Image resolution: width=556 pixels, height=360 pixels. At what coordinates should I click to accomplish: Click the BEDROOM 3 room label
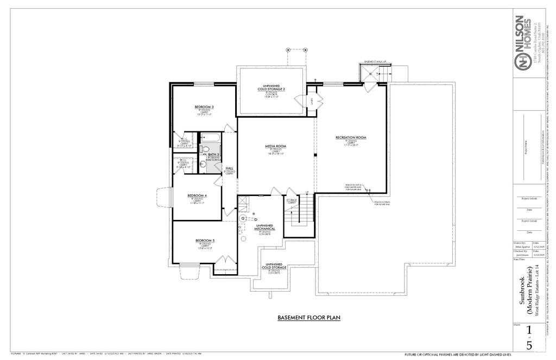tap(204, 107)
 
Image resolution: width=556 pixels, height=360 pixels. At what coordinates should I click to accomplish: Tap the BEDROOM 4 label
tap(197, 195)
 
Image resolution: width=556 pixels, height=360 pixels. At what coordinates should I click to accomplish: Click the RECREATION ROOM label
tap(351, 138)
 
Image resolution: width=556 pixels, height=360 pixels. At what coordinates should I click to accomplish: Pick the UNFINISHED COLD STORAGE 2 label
tap(271, 87)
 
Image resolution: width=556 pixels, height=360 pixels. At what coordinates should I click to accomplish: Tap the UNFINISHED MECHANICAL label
tap(265, 227)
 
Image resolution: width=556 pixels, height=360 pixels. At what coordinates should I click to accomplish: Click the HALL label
tap(229, 169)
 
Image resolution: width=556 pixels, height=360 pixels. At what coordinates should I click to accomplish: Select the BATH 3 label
tap(213, 155)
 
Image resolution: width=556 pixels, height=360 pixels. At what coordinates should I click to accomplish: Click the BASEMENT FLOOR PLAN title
tap(308, 318)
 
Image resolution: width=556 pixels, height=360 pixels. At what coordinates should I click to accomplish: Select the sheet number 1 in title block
tap(528, 331)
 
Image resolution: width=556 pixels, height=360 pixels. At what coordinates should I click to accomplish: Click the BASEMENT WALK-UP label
tap(375, 62)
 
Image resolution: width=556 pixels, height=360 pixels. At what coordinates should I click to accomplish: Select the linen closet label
tap(312, 100)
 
